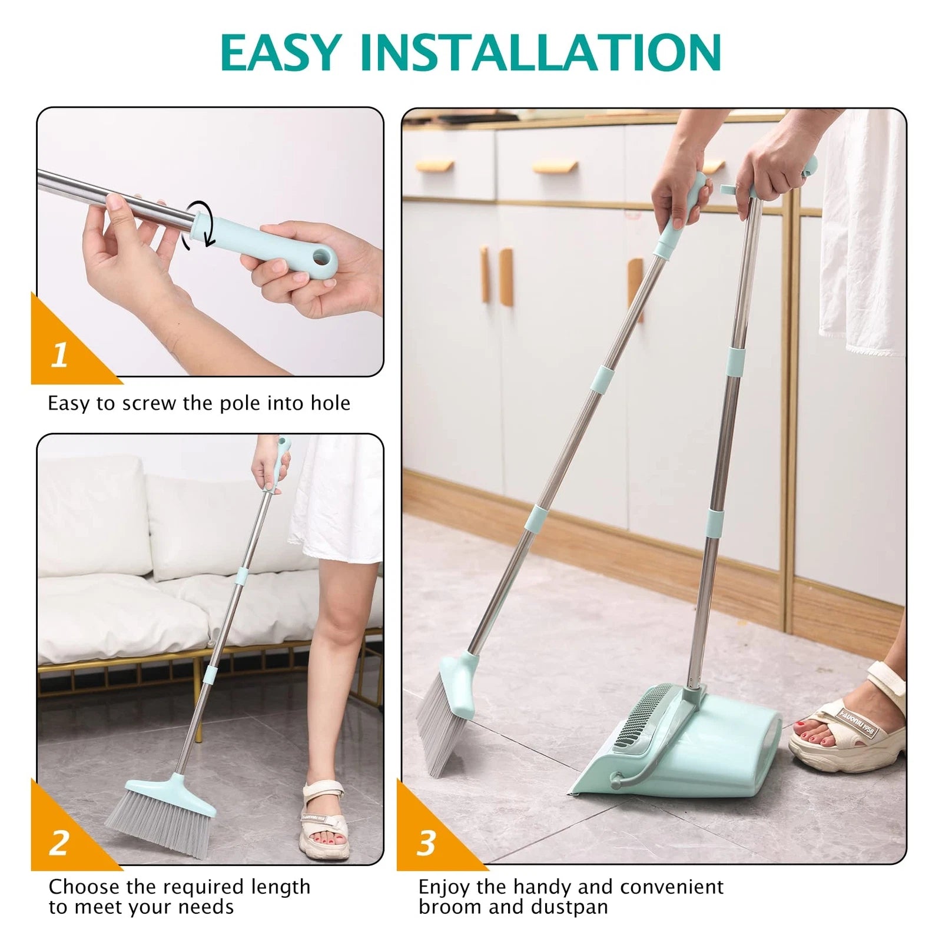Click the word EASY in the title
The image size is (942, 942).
coord(281,54)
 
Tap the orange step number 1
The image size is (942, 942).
coord(59,355)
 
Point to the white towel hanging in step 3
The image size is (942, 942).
coord(863,235)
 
